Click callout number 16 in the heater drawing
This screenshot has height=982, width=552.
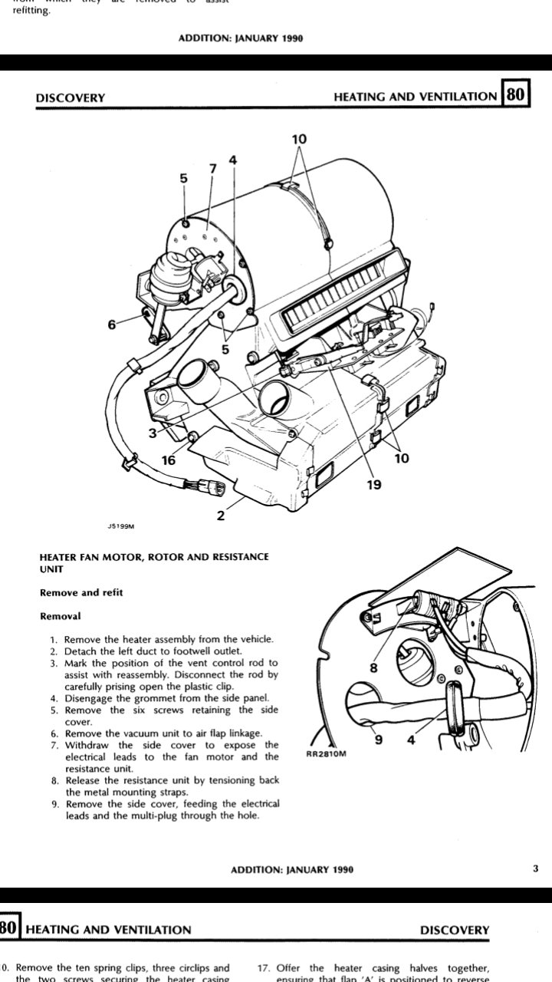[169, 460]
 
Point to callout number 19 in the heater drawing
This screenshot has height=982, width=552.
[373, 485]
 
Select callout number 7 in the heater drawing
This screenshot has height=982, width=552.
[213, 168]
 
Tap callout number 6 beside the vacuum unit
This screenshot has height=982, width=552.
[112, 325]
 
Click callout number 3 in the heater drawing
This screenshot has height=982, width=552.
[153, 433]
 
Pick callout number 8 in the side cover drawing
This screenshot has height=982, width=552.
[374, 667]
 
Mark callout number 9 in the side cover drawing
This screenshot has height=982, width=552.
[376, 740]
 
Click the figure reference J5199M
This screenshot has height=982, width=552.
[121, 527]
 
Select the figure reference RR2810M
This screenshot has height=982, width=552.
[327, 754]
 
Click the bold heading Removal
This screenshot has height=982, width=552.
[60, 615]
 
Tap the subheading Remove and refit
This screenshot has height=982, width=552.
[81, 592]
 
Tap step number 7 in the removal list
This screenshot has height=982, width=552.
[54, 745]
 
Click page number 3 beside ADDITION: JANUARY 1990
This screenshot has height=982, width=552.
[535, 868]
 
